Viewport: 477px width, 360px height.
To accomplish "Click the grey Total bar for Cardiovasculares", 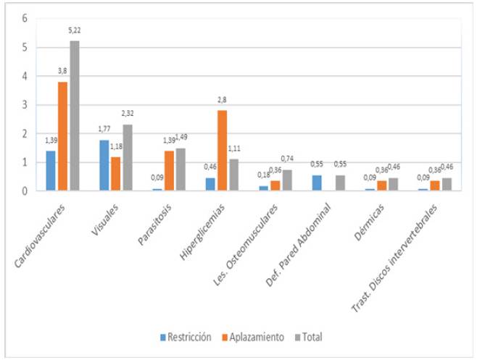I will click(x=74, y=116).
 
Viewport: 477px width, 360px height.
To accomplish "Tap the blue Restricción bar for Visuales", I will click(x=104, y=165).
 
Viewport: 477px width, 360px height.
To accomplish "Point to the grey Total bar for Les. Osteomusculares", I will click(x=288, y=180).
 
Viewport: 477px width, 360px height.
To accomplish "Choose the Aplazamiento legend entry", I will click(x=254, y=337).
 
